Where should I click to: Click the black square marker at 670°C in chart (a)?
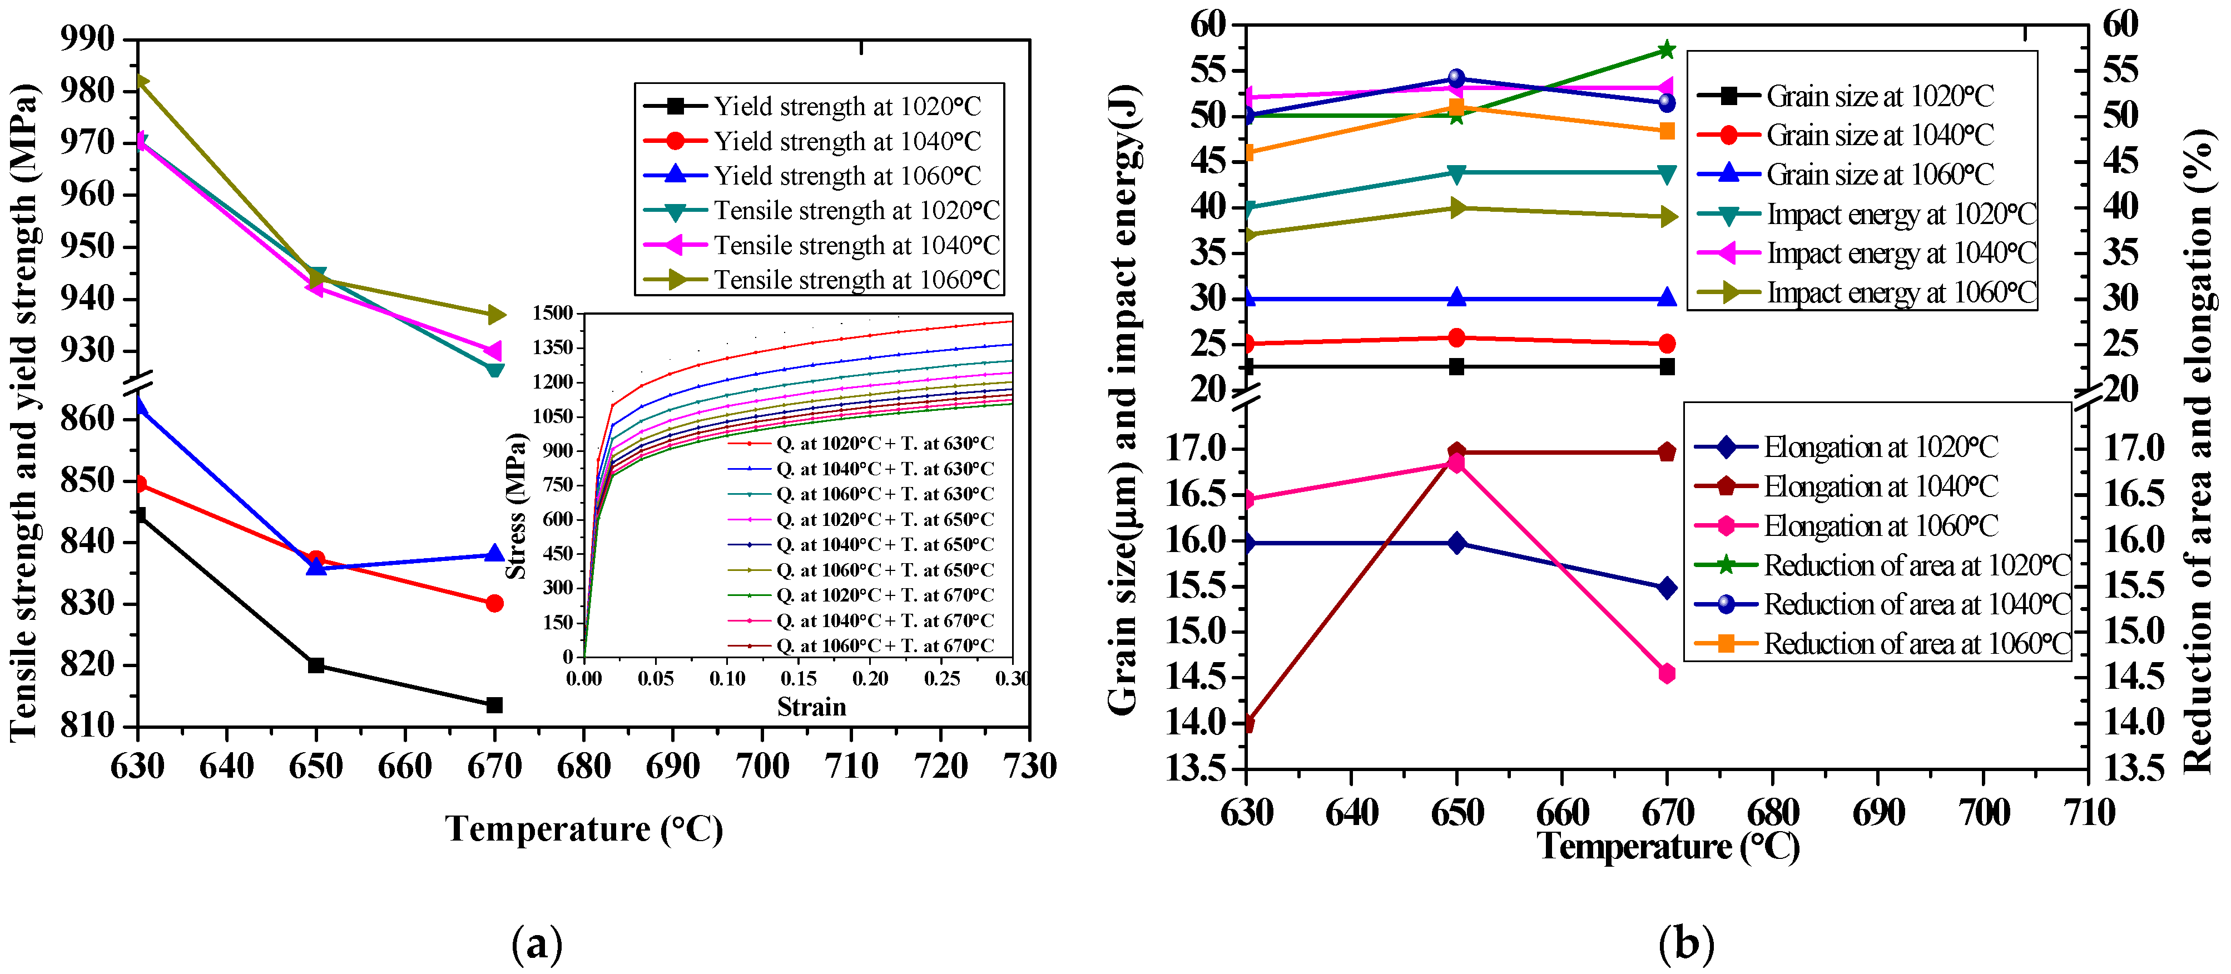[x=494, y=705]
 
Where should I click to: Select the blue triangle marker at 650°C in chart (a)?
[x=316, y=566]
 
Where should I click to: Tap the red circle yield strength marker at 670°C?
[x=494, y=603]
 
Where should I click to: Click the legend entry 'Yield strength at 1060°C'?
[x=846, y=176]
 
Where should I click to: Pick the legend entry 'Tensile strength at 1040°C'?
[x=856, y=245]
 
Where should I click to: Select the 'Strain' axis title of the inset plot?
[x=811, y=707]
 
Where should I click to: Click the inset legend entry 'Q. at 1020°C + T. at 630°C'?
[x=884, y=443]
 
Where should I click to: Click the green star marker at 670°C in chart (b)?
[x=1667, y=50]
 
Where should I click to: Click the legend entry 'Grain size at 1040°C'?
[x=1880, y=135]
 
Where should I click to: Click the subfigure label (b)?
[x=1685, y=943]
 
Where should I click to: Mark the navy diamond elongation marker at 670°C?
[x=1667, y=588]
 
